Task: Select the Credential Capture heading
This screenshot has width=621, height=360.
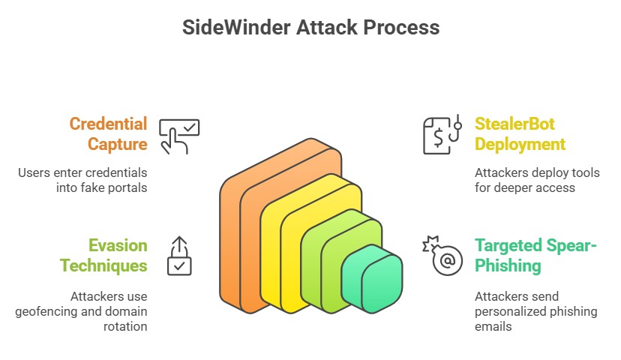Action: [x=108, y=133]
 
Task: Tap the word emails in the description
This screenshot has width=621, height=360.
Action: [x=492, y=326]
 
